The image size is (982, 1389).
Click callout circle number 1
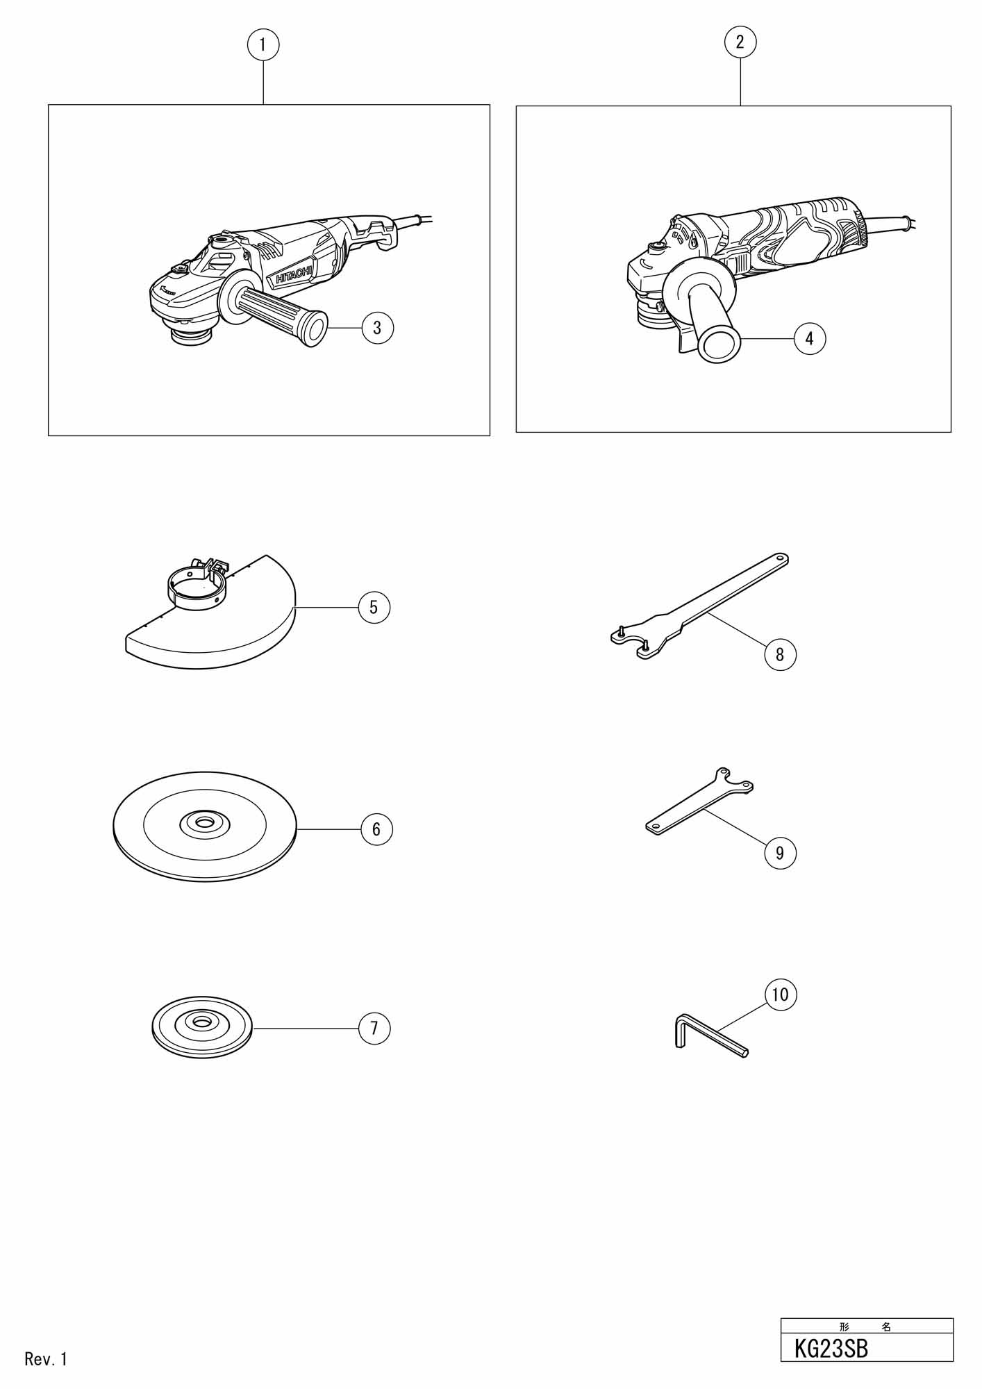[263, 45]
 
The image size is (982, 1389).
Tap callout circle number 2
[740, 42]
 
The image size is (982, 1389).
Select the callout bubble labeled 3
[377, 328]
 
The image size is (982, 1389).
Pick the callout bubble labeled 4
[809, 339]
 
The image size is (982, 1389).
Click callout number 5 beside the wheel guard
[374, 608]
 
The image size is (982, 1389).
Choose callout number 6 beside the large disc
[376, 829]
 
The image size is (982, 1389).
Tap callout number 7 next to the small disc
[374, 1028]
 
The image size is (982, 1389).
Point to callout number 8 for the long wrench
[780, 654]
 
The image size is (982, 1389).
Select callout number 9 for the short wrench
[780, 853]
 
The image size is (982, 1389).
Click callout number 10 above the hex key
[781, 995]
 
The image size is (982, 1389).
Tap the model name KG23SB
[831, 1349]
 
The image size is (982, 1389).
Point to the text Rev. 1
[46, 1359]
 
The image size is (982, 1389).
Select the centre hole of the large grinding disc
[205, 823]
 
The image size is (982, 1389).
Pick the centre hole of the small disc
[203, 1022]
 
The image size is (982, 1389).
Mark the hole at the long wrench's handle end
[779, 558]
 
